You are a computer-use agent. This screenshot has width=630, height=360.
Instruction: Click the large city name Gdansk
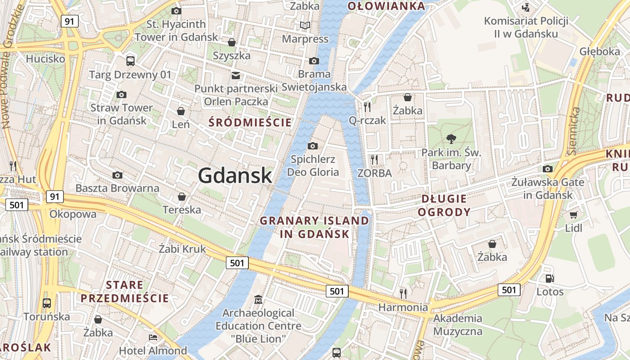(x=235, y=175)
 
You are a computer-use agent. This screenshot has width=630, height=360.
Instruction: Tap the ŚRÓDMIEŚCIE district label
(x=250, y=122)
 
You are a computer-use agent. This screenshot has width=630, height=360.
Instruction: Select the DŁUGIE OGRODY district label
(x=444, y=205)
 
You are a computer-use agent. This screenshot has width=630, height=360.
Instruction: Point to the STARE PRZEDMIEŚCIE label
(x=125, y=292)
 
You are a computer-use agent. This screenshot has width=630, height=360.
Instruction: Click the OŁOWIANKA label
(x=387, y=6)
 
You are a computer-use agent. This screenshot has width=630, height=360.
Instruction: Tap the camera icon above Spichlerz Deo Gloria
(x=313, y=146)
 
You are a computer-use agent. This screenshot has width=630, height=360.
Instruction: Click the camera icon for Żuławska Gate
(x=548, y=169)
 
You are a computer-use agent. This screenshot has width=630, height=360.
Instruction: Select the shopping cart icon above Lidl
(x=573, y=215)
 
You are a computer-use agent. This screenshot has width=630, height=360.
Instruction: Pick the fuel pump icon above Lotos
(x=549, y=279)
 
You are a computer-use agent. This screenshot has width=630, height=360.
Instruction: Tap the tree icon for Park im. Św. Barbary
(x=451, y=139)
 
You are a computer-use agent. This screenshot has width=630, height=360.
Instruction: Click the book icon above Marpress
(x=305, y=25)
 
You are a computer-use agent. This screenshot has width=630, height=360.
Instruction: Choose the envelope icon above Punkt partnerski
(x=235, y=75)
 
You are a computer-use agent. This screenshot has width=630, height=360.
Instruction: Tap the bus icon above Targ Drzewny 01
(x=130, y=61)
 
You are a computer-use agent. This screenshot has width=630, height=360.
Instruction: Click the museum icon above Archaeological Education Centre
(x=258, y=299)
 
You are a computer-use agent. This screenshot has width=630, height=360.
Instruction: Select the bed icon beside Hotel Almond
(x=153, y=337)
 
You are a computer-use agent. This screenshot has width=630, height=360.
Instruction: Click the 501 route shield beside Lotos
(x=509, y=290)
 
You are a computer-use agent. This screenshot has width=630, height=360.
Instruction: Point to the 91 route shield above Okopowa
(x=54, y=197)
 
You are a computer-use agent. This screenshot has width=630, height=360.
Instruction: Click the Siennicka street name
(x=573, y=131)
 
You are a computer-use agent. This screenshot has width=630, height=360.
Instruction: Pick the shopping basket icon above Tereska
(x=182, y=197)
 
